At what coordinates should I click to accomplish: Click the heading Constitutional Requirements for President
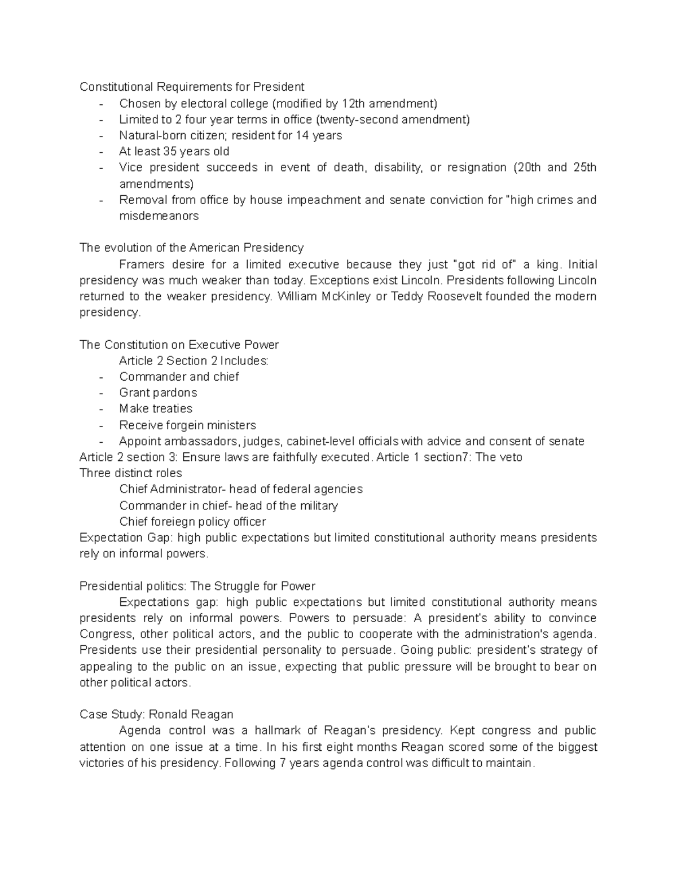[192, 87]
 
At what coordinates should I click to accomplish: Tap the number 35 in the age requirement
[170, 151]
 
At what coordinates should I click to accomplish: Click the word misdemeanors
[159, 216]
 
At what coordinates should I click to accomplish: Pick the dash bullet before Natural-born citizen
[101, 136]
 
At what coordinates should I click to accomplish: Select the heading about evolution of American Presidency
[192, 248]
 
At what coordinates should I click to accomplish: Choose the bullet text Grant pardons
[158, 393]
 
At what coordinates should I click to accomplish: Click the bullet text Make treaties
[156, 408]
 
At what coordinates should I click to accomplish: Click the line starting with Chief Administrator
[241, 489]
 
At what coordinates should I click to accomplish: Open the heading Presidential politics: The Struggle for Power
[197, 586]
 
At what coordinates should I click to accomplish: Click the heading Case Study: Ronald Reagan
[156, 715]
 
